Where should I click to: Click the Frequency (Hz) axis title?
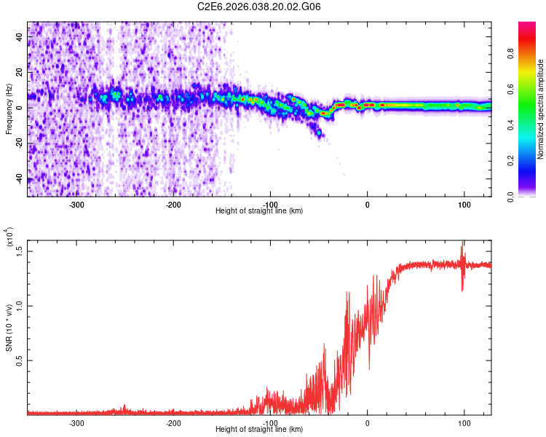tap(9, 109)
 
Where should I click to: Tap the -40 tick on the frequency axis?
tap(22, 178)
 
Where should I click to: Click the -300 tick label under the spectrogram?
tap(76, 205)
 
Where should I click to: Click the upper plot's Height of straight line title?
tap(259, 211)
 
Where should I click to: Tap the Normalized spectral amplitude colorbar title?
tap(540, 109)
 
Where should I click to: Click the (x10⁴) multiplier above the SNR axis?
tap(9, 238)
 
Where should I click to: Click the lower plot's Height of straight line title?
tap(259, 430)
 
